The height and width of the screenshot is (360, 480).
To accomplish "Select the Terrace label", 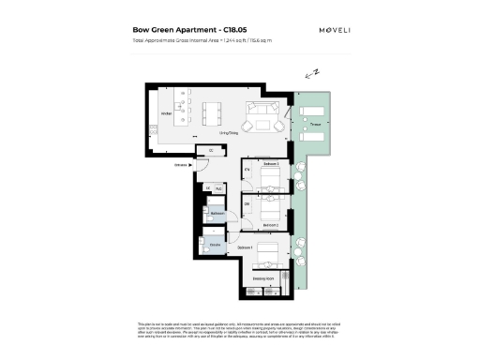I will pyautogui.click(x=316, y=124).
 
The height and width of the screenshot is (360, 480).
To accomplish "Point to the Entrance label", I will pyautogui.click(x=181, y=167).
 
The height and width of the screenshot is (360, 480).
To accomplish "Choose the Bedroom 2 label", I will pyautogui.click(x=270, y=226).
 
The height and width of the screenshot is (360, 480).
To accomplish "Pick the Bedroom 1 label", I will pyautogui.click(x=246, y=247).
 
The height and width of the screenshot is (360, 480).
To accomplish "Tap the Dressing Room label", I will pyautogui.click(x=264, y=278).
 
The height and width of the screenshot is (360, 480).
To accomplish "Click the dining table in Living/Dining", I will pyautogui.click(x=213, y=112).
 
